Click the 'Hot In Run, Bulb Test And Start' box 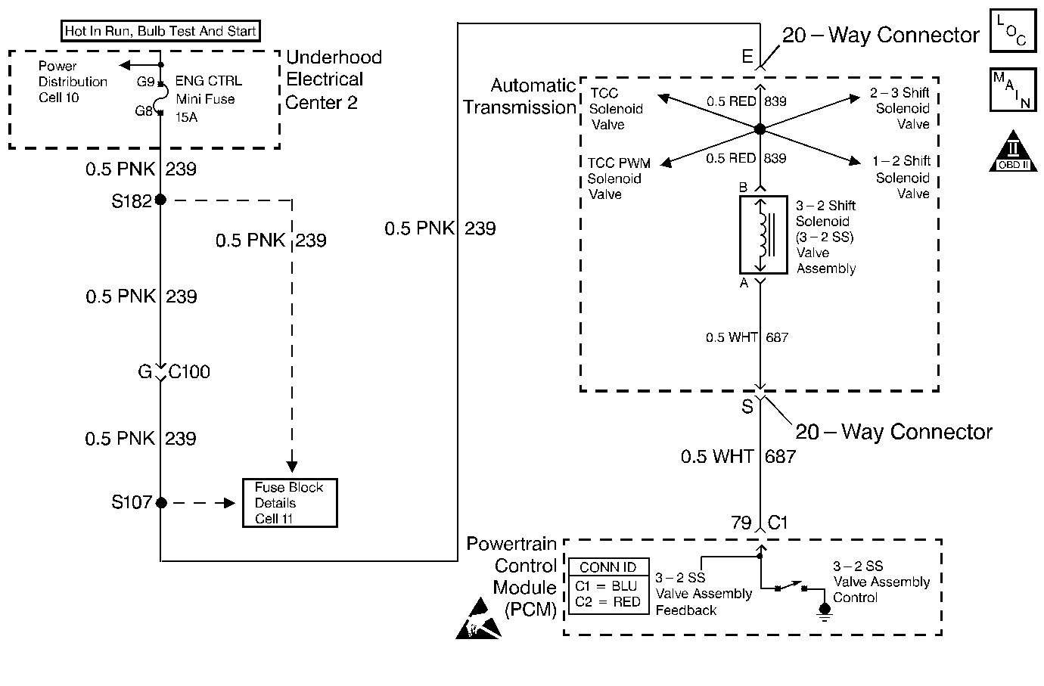click(160, 31)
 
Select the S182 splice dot click(160, 200)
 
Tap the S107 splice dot click(160, 502)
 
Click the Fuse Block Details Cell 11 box click(289, 503)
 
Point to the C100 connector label click(189, 372)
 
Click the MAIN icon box click(1012, 90)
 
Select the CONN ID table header click(607, 567)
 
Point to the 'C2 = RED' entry click(607, 602)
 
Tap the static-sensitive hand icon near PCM click(478, 619)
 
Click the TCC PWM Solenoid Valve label click(619, 178)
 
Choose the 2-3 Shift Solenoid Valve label click(901, 108)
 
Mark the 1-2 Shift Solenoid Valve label click(902, 177)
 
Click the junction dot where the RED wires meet click(760, 129)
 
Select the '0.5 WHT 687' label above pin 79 click(738, 456)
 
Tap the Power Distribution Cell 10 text click(73, 82)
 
